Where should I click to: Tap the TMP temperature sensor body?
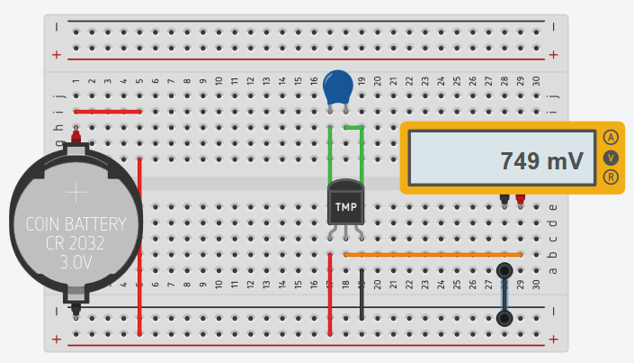click(345, 203)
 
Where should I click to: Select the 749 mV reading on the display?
click(541, 161)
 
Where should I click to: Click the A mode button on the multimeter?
click(611, 138)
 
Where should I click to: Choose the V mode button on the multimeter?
click(611, 158)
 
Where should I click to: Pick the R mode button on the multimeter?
click(611, 177)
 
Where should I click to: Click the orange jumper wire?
click(433, 255)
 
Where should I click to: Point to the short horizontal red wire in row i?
click(108, 112)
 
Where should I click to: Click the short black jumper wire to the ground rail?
click(362, 294)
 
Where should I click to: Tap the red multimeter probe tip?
click(521, 200)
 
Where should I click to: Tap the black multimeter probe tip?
click(505, 200)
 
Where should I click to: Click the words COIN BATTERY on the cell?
click(76, 224)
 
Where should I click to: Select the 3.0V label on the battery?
click(76, 262)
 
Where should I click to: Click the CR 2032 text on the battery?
click(76, 243)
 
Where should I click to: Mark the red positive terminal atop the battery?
click(76, 135)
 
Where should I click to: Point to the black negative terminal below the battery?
click(76, 309)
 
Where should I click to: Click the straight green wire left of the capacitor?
click(330, 155)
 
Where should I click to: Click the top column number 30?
click(536, 81)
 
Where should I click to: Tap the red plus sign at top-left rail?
click(57, 55)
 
